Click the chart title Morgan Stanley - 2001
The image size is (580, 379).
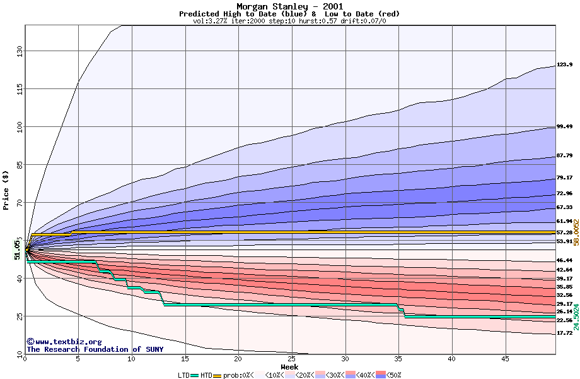tap(289, 6)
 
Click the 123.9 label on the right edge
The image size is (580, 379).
tap(564, 64)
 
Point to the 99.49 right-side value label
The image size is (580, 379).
tap(564, 126)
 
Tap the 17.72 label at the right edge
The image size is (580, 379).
tap(564, 333)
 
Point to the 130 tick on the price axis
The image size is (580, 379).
tap(19, 50)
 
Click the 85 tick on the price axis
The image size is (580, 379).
tap(19, 165)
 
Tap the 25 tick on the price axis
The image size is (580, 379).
tap(19, 316)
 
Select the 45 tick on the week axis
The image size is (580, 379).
tap(505, 359)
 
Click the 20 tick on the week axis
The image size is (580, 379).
tap(238, 359)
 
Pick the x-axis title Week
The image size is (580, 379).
tap(289, 366)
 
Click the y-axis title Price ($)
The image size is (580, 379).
tap(6, 189)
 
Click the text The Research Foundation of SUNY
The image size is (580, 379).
tap(95, 349)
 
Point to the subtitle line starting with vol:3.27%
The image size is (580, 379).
tap(289, 21)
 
